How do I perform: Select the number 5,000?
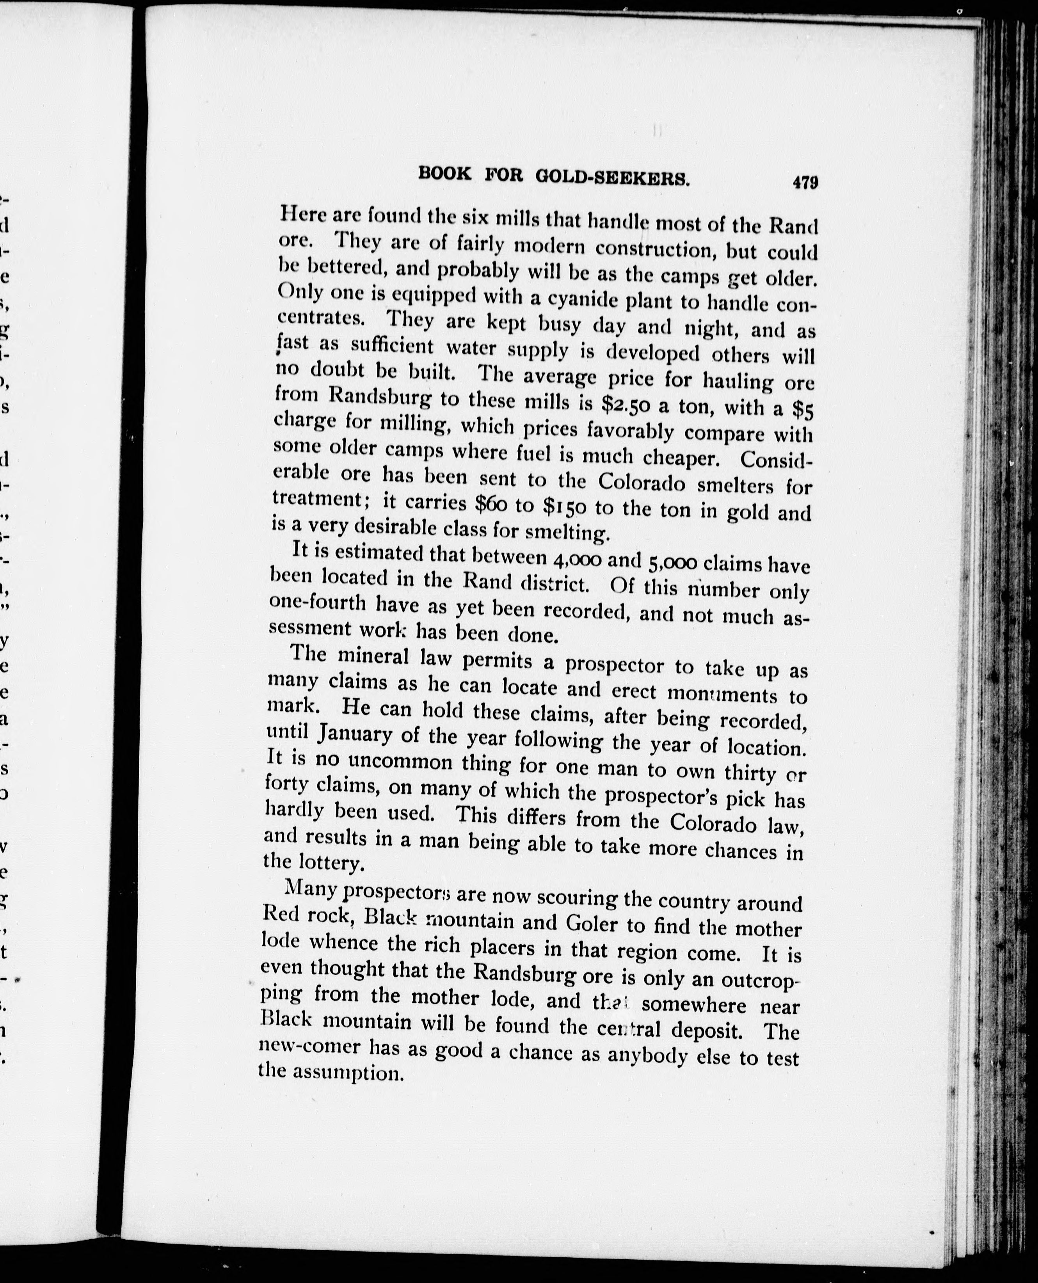click(x=670, y=562)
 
